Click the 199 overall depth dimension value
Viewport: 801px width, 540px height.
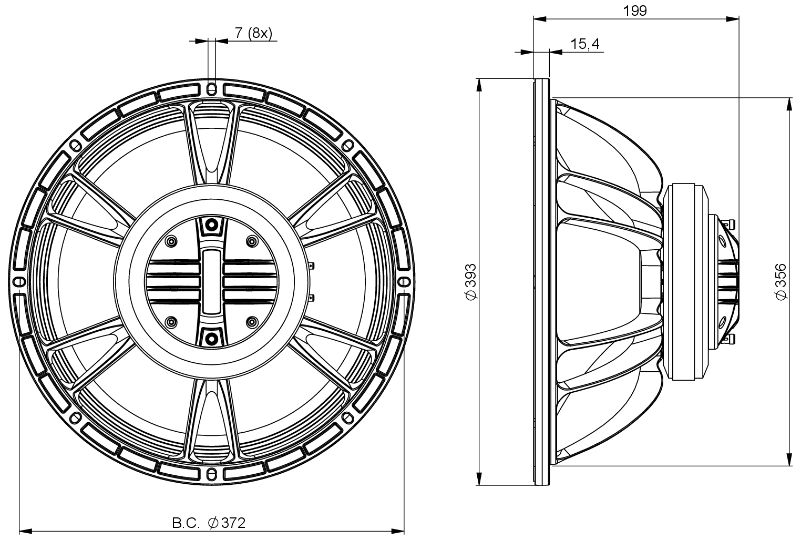(636, 10)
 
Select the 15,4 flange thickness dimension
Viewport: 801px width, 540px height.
(585, 44)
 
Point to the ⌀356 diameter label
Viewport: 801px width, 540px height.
(781, 282)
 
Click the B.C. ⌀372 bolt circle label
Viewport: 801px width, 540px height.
(209, 523)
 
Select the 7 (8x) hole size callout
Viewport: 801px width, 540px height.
(253, 33)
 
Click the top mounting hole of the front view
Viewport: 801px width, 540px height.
(212, 88)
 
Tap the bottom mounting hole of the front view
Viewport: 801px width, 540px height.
(212, 474)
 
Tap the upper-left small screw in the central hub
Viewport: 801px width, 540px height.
(171, 241)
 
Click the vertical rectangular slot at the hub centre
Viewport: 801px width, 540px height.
(212, 281)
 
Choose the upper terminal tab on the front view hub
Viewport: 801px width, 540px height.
(312, 266)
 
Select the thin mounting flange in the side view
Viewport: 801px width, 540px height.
(541, 282)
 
